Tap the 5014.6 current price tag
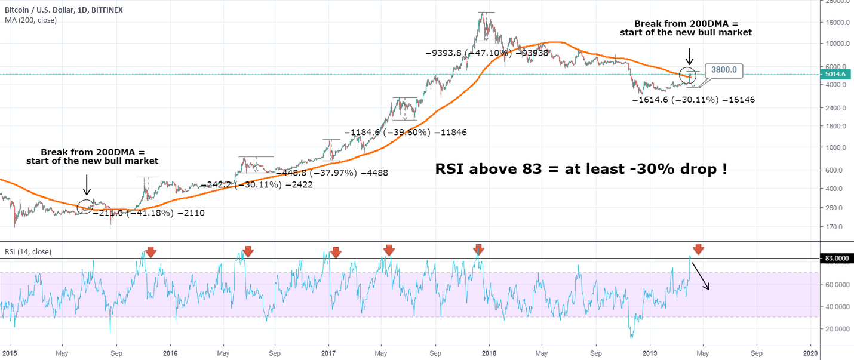coord(835,75)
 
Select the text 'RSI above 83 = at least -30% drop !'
coord(580,169)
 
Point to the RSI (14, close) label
coord(27,251)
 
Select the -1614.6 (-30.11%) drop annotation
coord(693,100)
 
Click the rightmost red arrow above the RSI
coord(698,249)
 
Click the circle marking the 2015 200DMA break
coord(85,207)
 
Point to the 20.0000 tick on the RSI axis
coord(834,329)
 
